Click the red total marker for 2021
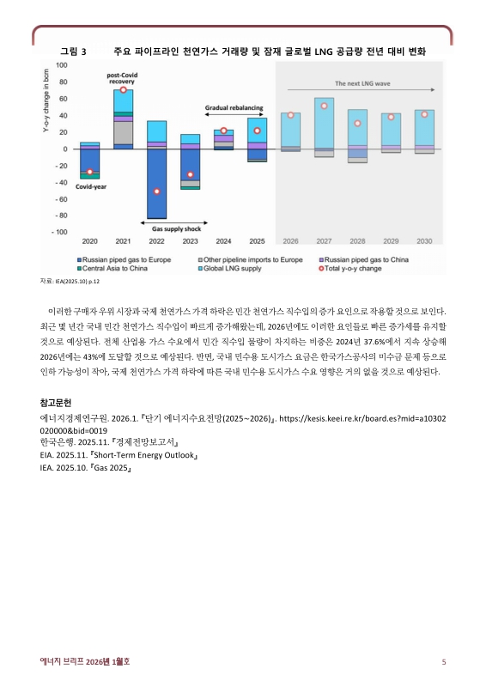124,90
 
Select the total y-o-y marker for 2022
156,192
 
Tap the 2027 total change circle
324,106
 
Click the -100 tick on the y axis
62,233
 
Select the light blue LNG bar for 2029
391,129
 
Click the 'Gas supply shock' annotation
176,229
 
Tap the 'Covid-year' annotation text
90,186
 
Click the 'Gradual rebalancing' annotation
234,108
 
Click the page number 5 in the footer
444,661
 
